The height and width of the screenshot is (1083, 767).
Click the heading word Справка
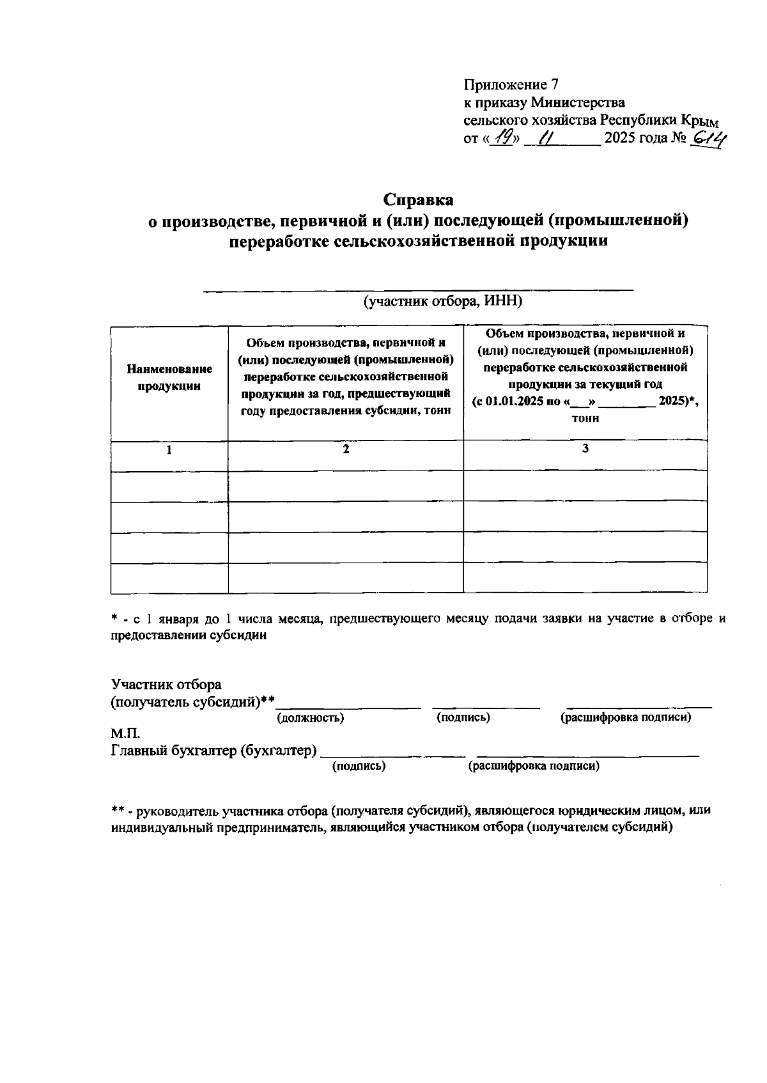(x=419, y=199)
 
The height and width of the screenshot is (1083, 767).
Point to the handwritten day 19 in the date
(x=502, y=137)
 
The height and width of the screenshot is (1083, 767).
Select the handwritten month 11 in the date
(x=547, y=137)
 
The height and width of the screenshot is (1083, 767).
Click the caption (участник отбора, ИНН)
(x=442, y=301)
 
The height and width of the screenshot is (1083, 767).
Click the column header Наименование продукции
(x=169, y=377)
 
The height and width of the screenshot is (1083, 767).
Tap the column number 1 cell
(x=169, y=450)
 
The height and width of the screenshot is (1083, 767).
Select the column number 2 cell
(x=346, y=449)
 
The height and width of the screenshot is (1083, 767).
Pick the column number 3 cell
(x=585, y=449)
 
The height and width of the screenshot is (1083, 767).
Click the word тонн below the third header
(x=585, y=419)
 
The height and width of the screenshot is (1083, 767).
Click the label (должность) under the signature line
(x=310, y=718)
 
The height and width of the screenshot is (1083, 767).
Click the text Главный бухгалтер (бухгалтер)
(x=214, y=751)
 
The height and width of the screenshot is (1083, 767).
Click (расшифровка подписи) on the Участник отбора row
(x=626, y=718)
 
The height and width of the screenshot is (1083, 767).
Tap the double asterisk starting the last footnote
(x=118, y=811)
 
